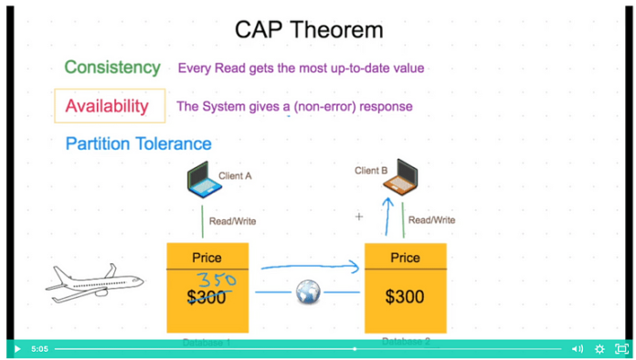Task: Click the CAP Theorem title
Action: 309,29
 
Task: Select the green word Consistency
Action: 112,68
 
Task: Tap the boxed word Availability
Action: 107,106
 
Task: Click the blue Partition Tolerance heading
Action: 138,143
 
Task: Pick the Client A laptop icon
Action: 204,179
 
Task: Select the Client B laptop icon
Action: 401,177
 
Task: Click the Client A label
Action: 235,175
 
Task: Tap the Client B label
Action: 371,171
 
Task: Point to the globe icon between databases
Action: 308,292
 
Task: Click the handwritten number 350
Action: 217,280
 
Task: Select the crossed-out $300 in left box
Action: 207,297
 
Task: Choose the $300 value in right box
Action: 405,297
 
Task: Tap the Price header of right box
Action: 405,258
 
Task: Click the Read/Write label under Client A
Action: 232,221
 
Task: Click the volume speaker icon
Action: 577,349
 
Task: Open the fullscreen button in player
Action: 621,349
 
